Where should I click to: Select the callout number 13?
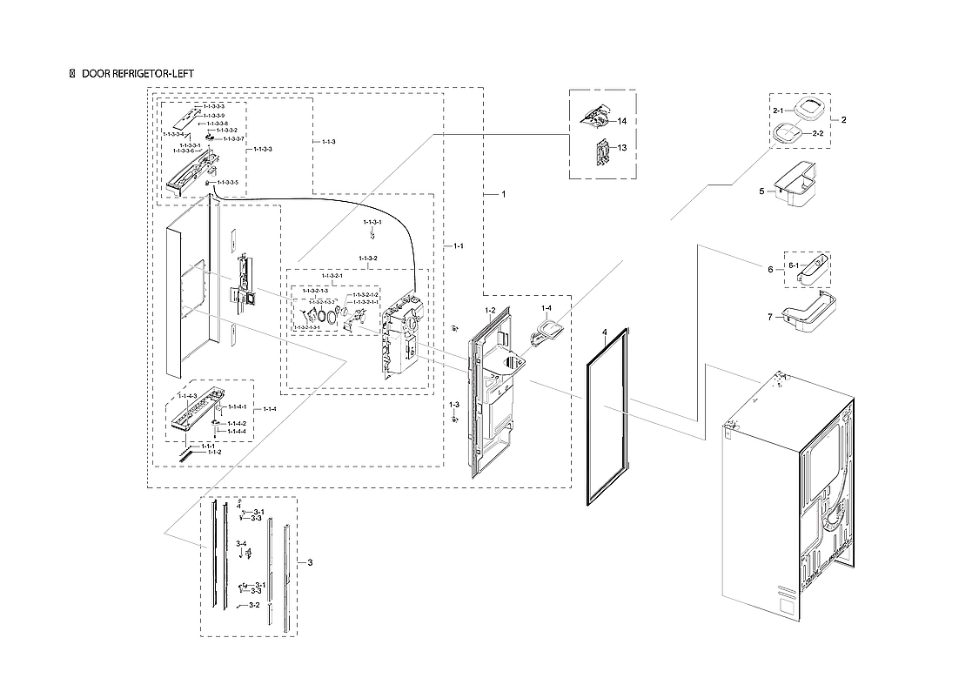(x=622, y=148)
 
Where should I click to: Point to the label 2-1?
(x=779, y=111)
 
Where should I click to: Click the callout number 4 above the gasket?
(x=603, y=332)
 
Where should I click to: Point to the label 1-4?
(x=547, y=309)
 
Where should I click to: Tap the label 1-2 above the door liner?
(x=490, y=310)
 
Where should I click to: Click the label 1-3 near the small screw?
(x=454, y=406)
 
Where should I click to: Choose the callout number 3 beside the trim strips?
(x=310, y=562)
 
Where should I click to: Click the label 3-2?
(x=254, y=605)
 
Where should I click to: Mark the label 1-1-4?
(x=270, y=409)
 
